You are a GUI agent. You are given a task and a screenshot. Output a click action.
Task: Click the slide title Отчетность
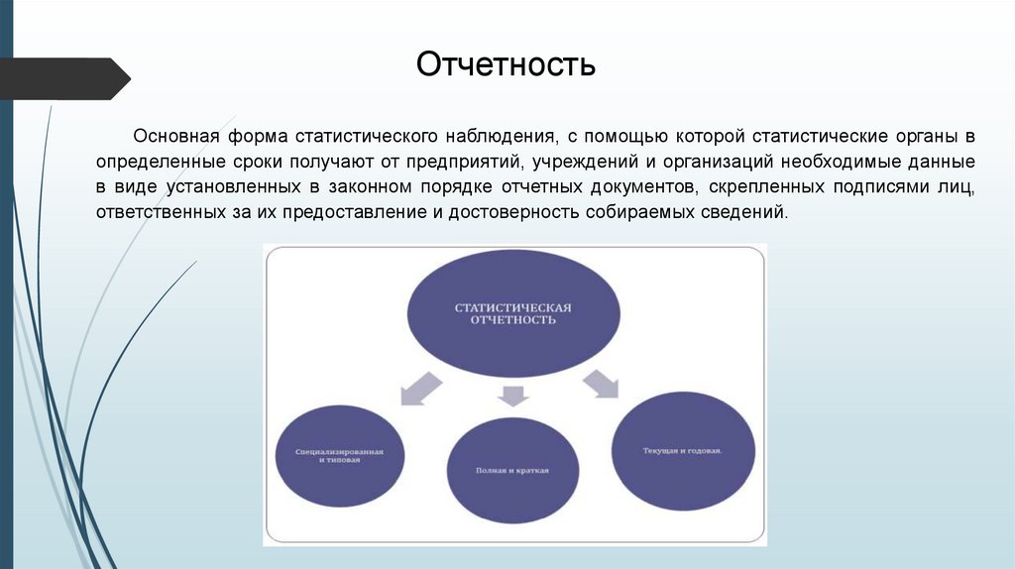coord(506,65)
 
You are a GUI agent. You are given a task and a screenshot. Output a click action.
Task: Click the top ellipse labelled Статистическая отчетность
coord(512,315)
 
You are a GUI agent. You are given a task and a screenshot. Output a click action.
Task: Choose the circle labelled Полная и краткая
coord(511,470)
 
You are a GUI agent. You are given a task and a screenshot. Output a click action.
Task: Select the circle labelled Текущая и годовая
coord(680,451)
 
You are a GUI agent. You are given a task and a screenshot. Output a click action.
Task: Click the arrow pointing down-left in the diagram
coord(419,388)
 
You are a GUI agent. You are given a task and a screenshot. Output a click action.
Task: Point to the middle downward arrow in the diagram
coord(511,396)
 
